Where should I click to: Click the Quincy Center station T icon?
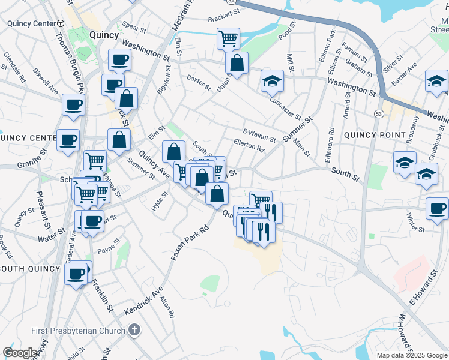point(61,23)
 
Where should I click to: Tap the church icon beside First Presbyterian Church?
point(134,330)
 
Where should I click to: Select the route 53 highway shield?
point(378,113)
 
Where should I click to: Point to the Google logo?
point(20,353)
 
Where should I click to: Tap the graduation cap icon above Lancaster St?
point(272,80)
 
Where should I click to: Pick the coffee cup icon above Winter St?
point(437,208)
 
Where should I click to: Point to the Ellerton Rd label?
point(249,145)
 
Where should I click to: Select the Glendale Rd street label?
point(14,67)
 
